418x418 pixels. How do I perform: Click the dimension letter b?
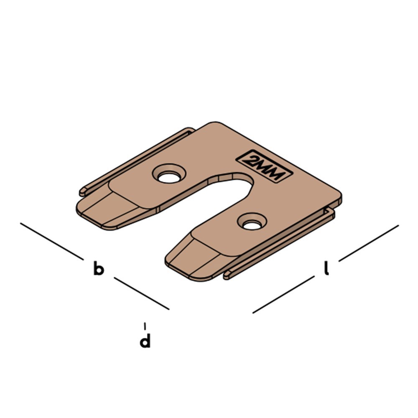[x=98, y=269]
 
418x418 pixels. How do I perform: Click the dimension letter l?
[x=326, y=269]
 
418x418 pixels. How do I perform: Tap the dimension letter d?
[x=145, y=341]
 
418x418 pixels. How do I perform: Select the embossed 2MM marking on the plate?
[x=264, y=166]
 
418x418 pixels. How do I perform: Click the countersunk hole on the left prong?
[x=169, y=176]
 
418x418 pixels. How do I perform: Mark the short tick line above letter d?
[x=145, y=326]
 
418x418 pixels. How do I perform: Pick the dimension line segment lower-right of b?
[x=142, y=293]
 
